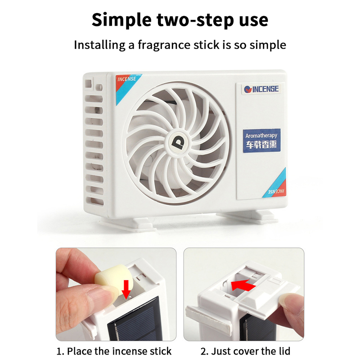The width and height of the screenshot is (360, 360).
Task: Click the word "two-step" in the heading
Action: [196, 20]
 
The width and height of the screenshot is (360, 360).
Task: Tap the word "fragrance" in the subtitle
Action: [164, 45]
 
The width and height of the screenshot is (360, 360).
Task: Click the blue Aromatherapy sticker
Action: [262, 140]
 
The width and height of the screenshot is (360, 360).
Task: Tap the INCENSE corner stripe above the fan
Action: [127, 87]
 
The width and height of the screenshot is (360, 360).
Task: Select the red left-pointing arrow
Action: [243, 285]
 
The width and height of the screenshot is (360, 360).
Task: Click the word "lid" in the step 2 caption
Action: [284, 351]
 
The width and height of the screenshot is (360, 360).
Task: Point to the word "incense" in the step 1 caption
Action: [130, 351]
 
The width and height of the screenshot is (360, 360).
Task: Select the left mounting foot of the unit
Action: [129, 223]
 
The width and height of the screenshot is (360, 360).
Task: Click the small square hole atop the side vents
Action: [89, 84]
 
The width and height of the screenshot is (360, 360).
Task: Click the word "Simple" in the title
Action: [121, 20]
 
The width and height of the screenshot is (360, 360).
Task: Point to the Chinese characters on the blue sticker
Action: [261, 144]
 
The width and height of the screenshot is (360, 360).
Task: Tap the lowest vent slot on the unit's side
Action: [94, 201]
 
